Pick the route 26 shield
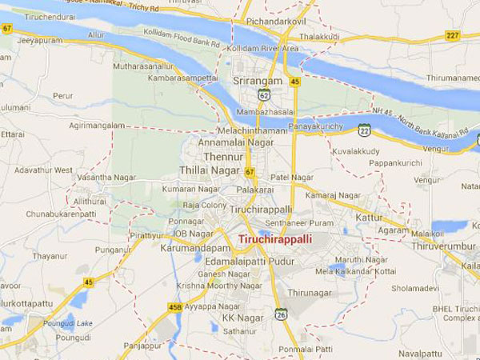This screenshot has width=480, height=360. (x=281, y=314)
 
